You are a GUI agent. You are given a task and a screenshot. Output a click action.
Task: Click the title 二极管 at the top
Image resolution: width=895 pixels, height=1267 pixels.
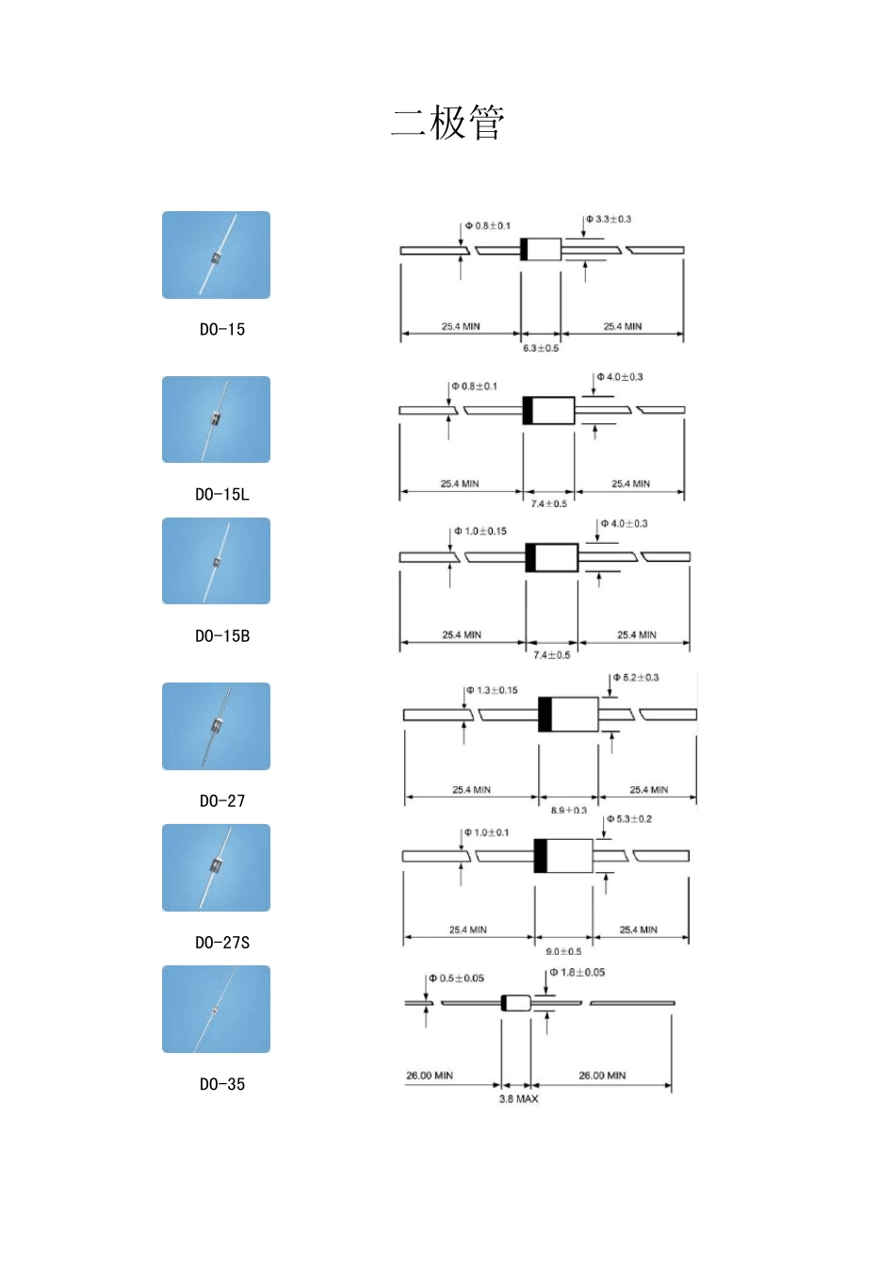tap(447, 123)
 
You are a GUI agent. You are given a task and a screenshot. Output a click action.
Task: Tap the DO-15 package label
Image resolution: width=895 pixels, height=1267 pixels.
tap(222, 329)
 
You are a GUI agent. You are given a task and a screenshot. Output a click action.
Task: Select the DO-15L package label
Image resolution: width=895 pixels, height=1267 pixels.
tap(222, 494)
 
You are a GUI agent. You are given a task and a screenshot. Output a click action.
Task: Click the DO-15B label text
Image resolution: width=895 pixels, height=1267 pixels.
tap(222, 635)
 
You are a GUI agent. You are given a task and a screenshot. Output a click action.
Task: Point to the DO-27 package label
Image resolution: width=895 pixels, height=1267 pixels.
tap(222, 800)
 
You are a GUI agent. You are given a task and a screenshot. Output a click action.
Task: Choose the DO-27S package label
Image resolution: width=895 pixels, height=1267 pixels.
tap(222, 942)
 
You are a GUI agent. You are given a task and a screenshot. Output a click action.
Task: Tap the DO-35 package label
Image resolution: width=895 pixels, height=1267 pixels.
tap(222, 1084)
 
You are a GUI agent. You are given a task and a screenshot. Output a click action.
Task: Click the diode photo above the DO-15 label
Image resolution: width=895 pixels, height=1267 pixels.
tap(216, 255)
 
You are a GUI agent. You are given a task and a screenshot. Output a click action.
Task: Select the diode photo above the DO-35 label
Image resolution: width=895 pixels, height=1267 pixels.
tap(216, 1009)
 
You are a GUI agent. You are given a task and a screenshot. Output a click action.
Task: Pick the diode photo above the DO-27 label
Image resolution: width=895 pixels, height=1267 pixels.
tap(216, 726)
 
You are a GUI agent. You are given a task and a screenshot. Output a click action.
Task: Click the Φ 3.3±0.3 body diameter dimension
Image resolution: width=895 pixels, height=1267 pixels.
tap(609, 219)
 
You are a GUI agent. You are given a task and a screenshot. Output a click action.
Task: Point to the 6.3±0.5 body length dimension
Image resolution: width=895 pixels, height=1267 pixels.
tap(541, 348)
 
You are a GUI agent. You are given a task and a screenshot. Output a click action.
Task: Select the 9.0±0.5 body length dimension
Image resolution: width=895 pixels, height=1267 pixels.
tap(563, 951)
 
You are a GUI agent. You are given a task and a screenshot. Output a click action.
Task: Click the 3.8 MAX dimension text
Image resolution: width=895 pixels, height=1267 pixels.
tap(519, 1098)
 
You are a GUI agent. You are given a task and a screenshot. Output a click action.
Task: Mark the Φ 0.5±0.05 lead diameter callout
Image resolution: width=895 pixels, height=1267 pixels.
tap(457, 978)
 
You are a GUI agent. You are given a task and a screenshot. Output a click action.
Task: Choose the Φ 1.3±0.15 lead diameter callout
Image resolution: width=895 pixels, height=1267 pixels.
tap(493, 690)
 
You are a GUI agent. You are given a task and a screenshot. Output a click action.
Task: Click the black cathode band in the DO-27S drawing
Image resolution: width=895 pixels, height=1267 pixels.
tap(540, 855)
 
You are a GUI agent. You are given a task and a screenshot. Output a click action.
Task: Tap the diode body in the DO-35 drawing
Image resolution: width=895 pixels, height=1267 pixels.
tap(516, 1002)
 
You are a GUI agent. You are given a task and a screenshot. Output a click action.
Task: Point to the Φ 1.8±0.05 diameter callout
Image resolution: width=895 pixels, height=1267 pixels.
tap(578, 972)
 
